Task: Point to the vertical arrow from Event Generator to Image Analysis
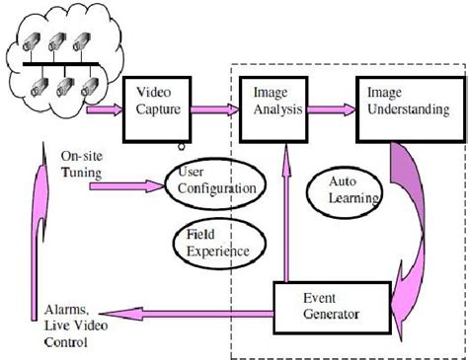tap(286, 207)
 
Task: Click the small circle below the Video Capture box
tap(181, 147)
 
